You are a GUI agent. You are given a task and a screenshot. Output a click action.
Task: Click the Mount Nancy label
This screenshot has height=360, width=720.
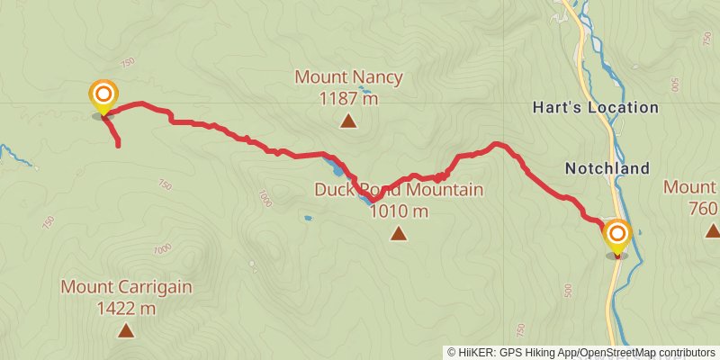point(348,77)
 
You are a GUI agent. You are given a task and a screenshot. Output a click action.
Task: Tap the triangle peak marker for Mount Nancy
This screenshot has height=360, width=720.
point(347,120)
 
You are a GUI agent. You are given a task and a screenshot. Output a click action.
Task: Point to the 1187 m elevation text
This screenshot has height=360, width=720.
point(348,98)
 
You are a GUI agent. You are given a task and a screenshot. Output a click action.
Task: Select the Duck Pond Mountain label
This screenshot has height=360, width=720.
point(399,190)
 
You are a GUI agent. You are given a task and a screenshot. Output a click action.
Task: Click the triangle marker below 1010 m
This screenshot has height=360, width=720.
point(399,234)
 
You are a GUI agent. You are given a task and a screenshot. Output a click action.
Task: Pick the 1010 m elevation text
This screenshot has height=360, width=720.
point(399,211)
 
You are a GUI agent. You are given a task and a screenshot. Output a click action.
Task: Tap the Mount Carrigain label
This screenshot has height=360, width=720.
point(126,287)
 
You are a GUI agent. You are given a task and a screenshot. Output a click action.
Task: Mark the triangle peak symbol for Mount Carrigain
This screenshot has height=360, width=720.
point(126,330)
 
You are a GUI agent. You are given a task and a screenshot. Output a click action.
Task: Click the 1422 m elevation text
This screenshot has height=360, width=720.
point(126,309)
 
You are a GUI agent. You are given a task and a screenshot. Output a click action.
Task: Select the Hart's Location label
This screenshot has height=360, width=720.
point(608,107)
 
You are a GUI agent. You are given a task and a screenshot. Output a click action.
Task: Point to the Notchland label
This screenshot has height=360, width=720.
point(607,168)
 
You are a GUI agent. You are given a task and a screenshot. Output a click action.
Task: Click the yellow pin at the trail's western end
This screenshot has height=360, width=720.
point(103,95)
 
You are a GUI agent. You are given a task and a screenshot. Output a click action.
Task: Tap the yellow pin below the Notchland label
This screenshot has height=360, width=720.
point(617,236)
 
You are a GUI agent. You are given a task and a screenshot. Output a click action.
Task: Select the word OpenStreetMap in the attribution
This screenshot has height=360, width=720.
point(609,353)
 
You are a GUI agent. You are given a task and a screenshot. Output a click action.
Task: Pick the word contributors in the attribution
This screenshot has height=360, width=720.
point(683,353)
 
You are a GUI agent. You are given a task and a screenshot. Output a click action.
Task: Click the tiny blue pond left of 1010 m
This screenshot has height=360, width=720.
point(308,218)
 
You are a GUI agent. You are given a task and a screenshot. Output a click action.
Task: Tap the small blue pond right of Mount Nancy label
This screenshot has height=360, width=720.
point(364,90)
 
